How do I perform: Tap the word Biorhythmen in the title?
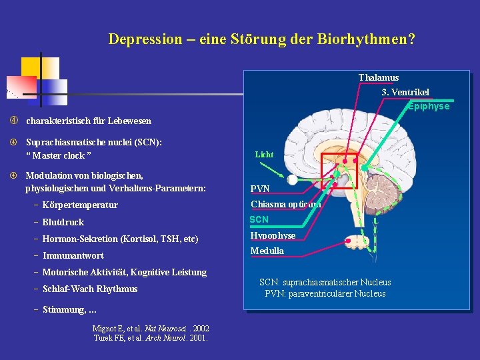(362, 39)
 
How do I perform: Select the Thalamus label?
(379, 78)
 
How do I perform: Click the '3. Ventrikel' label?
(405, 92)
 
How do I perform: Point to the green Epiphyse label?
(429, 107)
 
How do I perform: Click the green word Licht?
(264, 155)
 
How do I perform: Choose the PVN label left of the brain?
(260, 189)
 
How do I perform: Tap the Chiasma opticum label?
(285, 205)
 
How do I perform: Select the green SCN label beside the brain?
(259, 219)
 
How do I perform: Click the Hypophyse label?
(273, 235)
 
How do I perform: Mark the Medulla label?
(267, 251)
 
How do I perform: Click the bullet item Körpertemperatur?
(80, 205)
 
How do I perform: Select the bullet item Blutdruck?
(63, 222)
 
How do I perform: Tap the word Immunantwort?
(73, 255)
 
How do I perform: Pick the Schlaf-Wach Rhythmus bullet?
(90, 289)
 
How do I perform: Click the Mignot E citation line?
(151, 328)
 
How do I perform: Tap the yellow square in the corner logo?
(31, 67)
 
